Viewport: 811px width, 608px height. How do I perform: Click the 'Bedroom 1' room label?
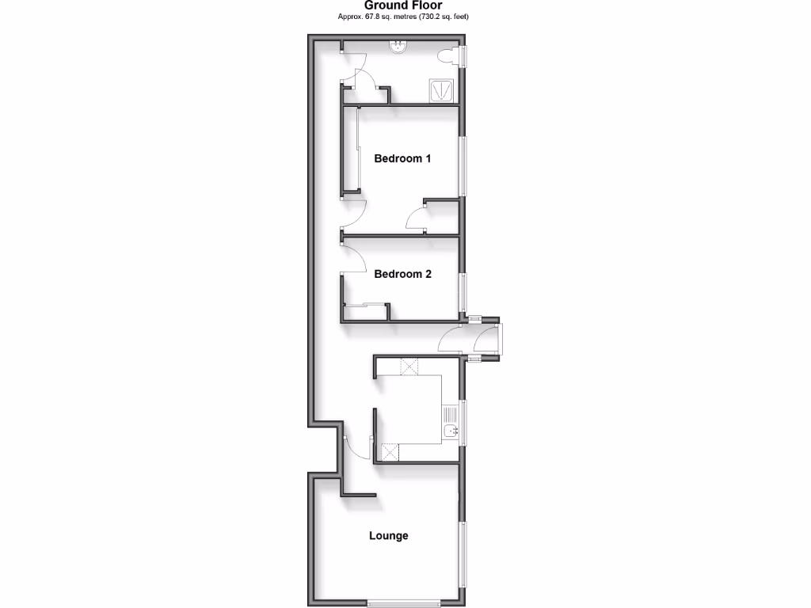pyautogui.click(x=402, y=158)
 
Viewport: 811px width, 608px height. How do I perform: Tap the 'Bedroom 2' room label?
pyautogui.click(x=402, y=275)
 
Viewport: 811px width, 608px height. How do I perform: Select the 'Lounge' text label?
pyautogui.click(x=389, y=536)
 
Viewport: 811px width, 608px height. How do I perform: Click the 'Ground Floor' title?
pyautogui.click(x=403, y=5)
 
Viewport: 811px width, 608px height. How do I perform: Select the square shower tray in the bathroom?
pyautogui.click(x=442, y=90)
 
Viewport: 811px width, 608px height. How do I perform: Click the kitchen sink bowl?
pyautogui.click(x=451, y=431)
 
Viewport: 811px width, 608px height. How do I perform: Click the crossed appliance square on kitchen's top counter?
pyautogui.click(x=410, y=367)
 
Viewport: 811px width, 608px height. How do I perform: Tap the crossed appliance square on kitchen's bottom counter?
pyautogui.click(x=390, y=452)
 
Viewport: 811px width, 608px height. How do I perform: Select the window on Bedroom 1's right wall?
pyautogui.click(x=464, y=164)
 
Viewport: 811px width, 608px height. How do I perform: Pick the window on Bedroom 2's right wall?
pyautogui.click(x=464, y=291)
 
